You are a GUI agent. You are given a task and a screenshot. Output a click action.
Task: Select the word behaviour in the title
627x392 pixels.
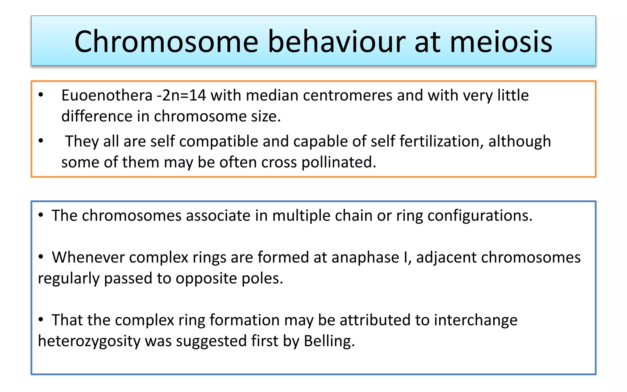(x=336, y=42)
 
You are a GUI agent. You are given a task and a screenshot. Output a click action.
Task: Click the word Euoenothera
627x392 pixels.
(x=107, y=95)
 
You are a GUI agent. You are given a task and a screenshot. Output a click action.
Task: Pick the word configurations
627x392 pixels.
(x=480, y=216)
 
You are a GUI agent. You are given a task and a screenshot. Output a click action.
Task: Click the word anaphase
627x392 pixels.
(x=365, y=257)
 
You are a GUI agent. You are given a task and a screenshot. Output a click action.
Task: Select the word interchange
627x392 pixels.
(x=475, y=320)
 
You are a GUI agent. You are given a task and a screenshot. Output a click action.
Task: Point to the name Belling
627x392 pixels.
(x=329, y=341)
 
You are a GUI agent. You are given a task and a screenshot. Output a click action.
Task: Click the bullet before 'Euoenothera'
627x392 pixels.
(x=41, y=95)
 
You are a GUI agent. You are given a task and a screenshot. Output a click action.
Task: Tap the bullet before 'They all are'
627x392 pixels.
(x=41, y=141)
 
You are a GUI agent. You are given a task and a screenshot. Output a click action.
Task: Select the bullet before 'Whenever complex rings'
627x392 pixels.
(x=41, y=257)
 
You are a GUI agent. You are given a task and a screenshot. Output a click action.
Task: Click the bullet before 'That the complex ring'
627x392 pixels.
(x=41, y=320)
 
